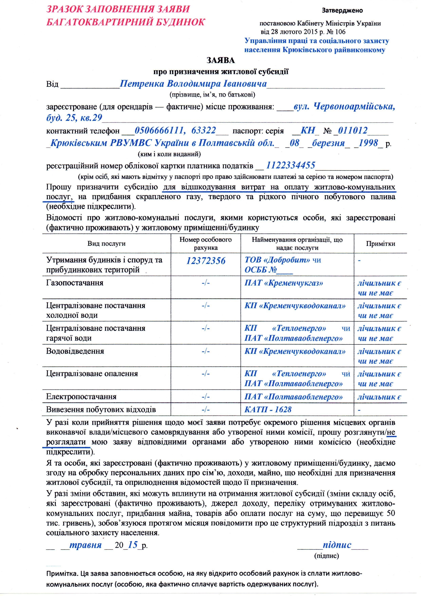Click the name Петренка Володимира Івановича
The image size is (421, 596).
click(x=193, y=84)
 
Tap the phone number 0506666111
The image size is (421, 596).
click(x=159, y=130)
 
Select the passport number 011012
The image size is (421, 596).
click(x=352, y=130)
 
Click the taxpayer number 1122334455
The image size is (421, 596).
click(x=291, y=165)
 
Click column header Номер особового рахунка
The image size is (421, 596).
click(x=205, y=244)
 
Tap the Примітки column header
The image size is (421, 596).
click(x=380, y=244)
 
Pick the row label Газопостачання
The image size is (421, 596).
click(x=75, y=283)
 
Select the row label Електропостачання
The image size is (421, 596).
click(x=81, y=397)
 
